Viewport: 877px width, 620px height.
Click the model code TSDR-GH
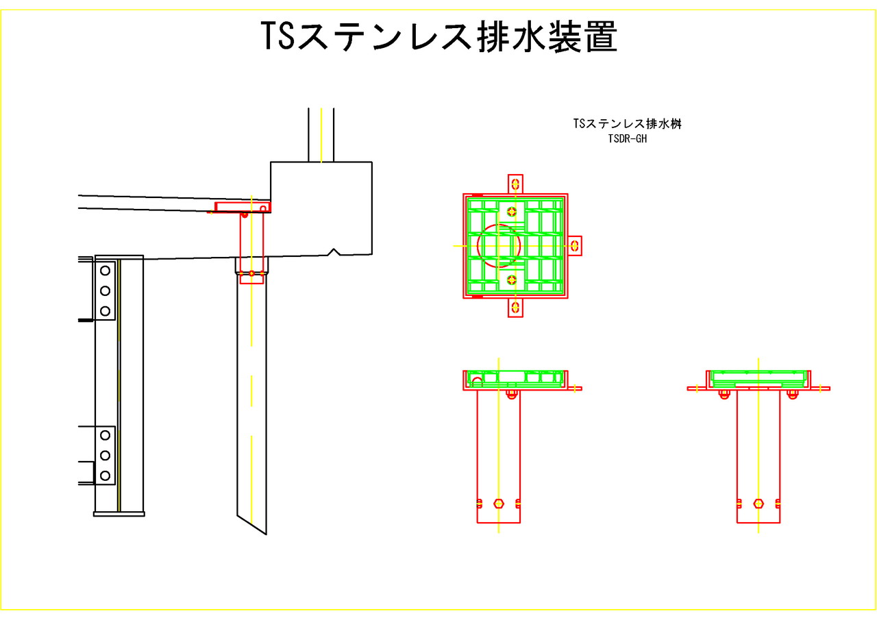[628, 138]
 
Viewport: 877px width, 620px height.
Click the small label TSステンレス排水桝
[628, 124]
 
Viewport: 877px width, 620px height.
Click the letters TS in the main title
[277, 37]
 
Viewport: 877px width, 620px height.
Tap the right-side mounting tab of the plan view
[575, 245]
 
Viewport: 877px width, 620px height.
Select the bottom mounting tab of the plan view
[515, 308]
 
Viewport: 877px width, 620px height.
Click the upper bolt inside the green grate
[512, 211]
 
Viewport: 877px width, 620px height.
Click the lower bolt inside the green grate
[512, 279]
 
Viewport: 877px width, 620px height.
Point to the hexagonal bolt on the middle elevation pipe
[499, 503]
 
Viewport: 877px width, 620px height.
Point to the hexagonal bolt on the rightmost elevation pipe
[758, 503]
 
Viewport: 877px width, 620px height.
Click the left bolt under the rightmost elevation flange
[724, 393]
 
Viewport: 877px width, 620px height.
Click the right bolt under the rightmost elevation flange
[793, 393]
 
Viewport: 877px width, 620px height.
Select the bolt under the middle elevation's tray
[511, 393]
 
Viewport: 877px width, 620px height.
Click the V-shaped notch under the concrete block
[334, 252]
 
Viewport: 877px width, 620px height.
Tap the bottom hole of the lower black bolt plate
[106, 475]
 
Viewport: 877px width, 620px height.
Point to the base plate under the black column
[119, 513]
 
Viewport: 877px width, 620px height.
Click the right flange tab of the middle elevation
[575, 388]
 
